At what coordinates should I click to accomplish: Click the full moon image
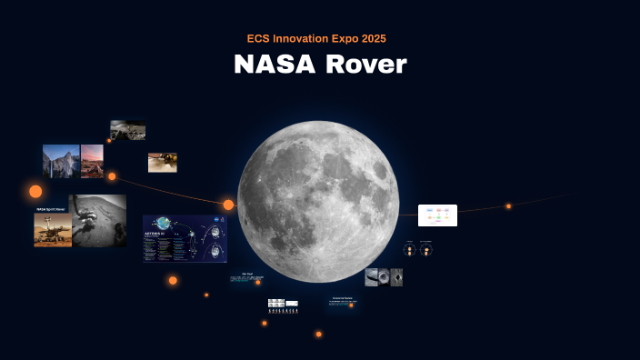[318, 201]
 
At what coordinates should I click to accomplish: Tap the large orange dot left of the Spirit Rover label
[35, 191]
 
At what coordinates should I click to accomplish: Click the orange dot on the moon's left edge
[228, 205]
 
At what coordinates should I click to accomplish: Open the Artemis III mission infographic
[185, 239]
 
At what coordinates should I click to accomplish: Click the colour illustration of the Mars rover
[53, 230]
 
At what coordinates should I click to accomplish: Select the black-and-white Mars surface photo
[99, 220]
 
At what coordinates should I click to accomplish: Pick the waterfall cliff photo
[60, 161]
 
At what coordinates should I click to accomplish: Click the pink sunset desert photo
[92, 161]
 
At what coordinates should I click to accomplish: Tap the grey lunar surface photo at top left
[127, 130]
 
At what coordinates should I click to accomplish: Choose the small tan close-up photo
[162, 162]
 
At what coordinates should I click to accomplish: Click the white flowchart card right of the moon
[437, 215]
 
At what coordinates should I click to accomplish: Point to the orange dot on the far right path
[508, 206]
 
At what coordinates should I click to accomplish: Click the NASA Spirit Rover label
[52, 209]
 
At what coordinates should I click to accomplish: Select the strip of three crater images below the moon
[384, 277]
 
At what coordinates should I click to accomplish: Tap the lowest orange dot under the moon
[318, 335]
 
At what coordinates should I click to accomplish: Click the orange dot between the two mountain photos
[112, 176]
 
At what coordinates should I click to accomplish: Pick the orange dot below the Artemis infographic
[173, 280]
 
